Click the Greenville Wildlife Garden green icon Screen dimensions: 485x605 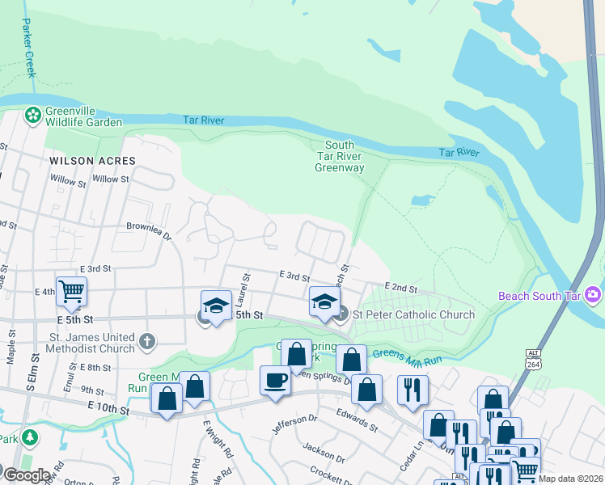coord(33,115)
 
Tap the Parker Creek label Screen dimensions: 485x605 coord(28,48)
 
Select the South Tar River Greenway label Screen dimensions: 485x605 coord(339,157)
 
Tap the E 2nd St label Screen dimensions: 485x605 coord(401,287)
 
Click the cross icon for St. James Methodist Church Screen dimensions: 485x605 coord(147,342)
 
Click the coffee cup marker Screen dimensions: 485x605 coord(275,380)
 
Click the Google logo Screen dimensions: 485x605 coord(27,475)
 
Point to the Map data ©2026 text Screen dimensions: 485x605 coord(570,479)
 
